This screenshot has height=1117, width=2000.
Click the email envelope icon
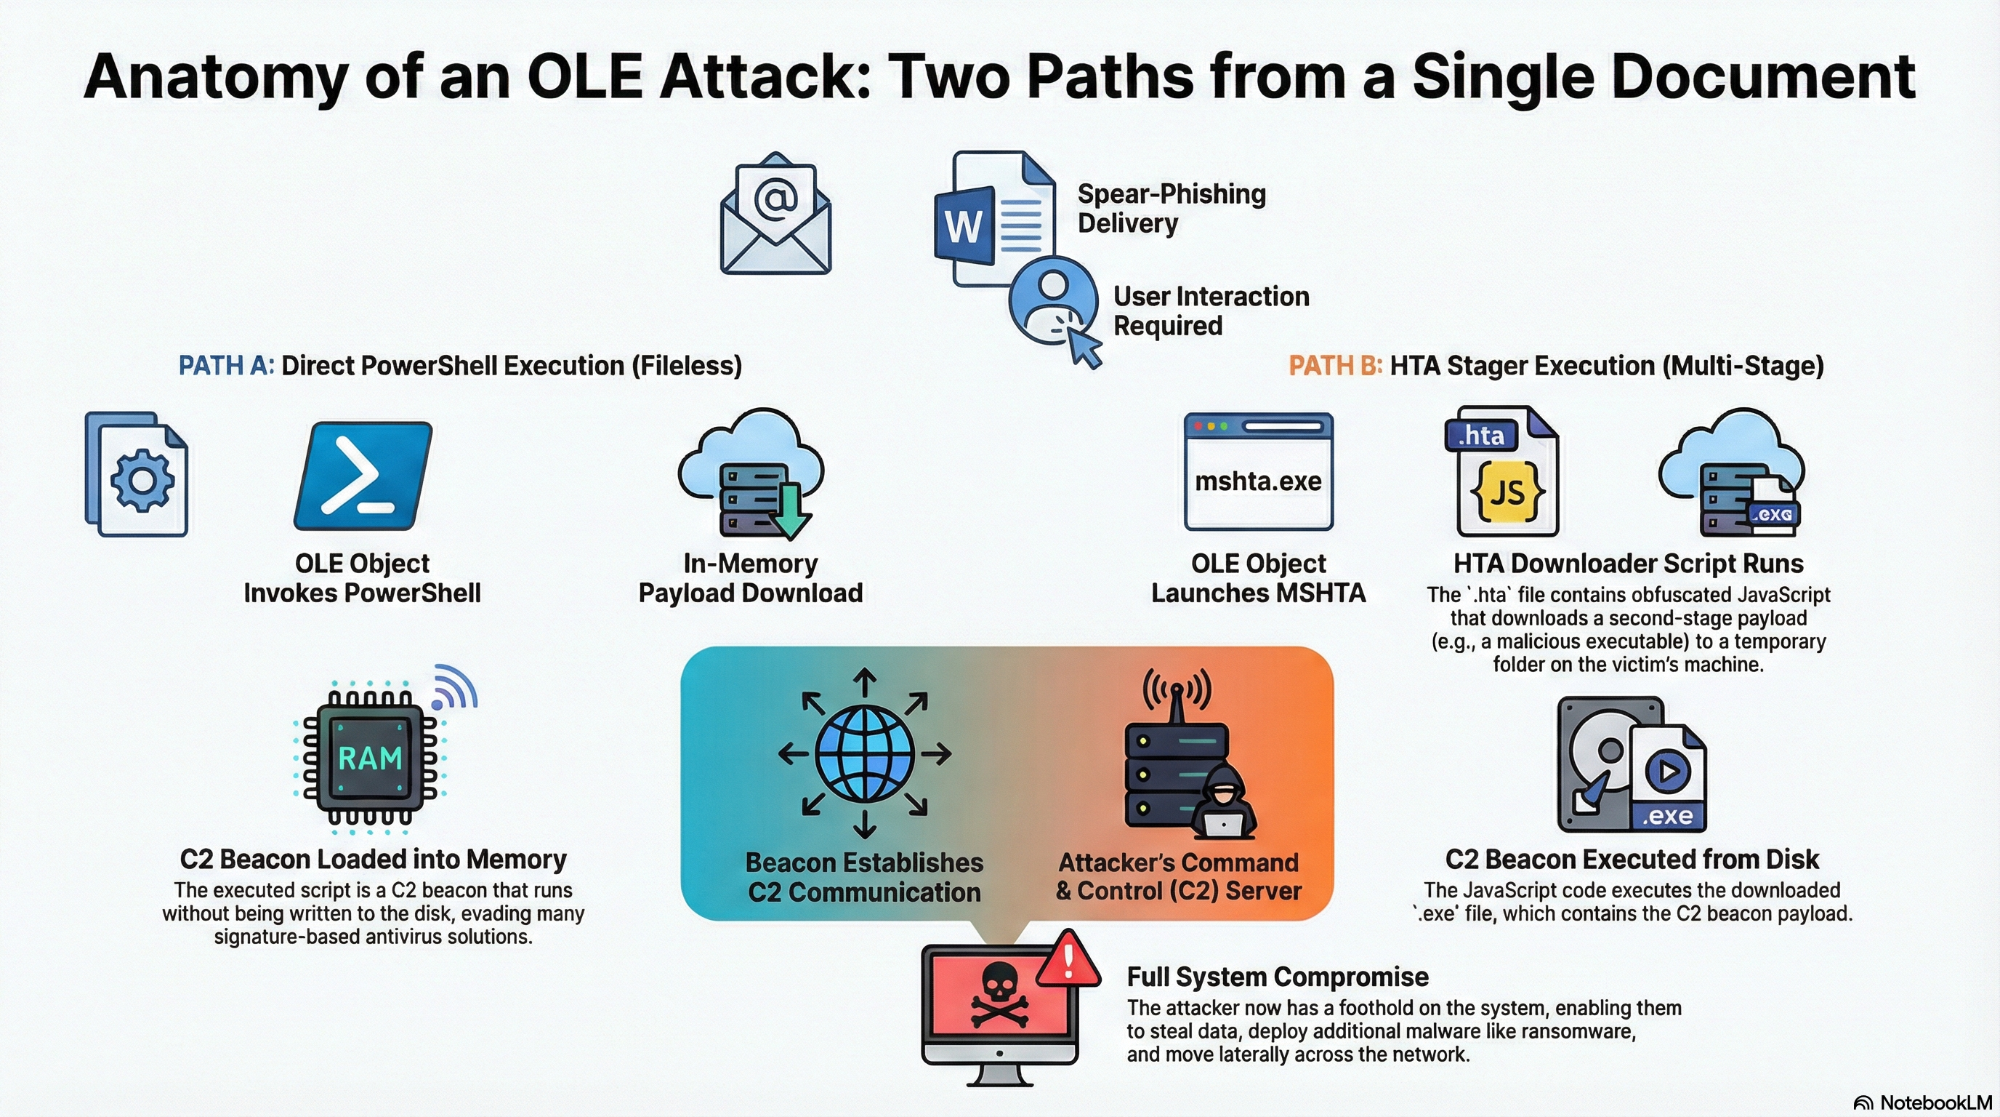coord(775,215)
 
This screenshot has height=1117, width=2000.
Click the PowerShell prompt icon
coord(363,476)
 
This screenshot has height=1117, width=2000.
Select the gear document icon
coord(137,475)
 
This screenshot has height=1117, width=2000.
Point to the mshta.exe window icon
coord(1258,472)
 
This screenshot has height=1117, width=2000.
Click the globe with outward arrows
coord(864,753)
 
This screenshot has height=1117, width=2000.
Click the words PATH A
coord(226,366)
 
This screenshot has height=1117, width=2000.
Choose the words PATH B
coord(1334,366)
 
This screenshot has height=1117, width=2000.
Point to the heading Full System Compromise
coord(1277,977)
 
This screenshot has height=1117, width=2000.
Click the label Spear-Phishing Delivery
coord(1171,208)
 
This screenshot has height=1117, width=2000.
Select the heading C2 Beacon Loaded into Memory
coord(373,859)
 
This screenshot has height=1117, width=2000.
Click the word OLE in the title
coord(584,78)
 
